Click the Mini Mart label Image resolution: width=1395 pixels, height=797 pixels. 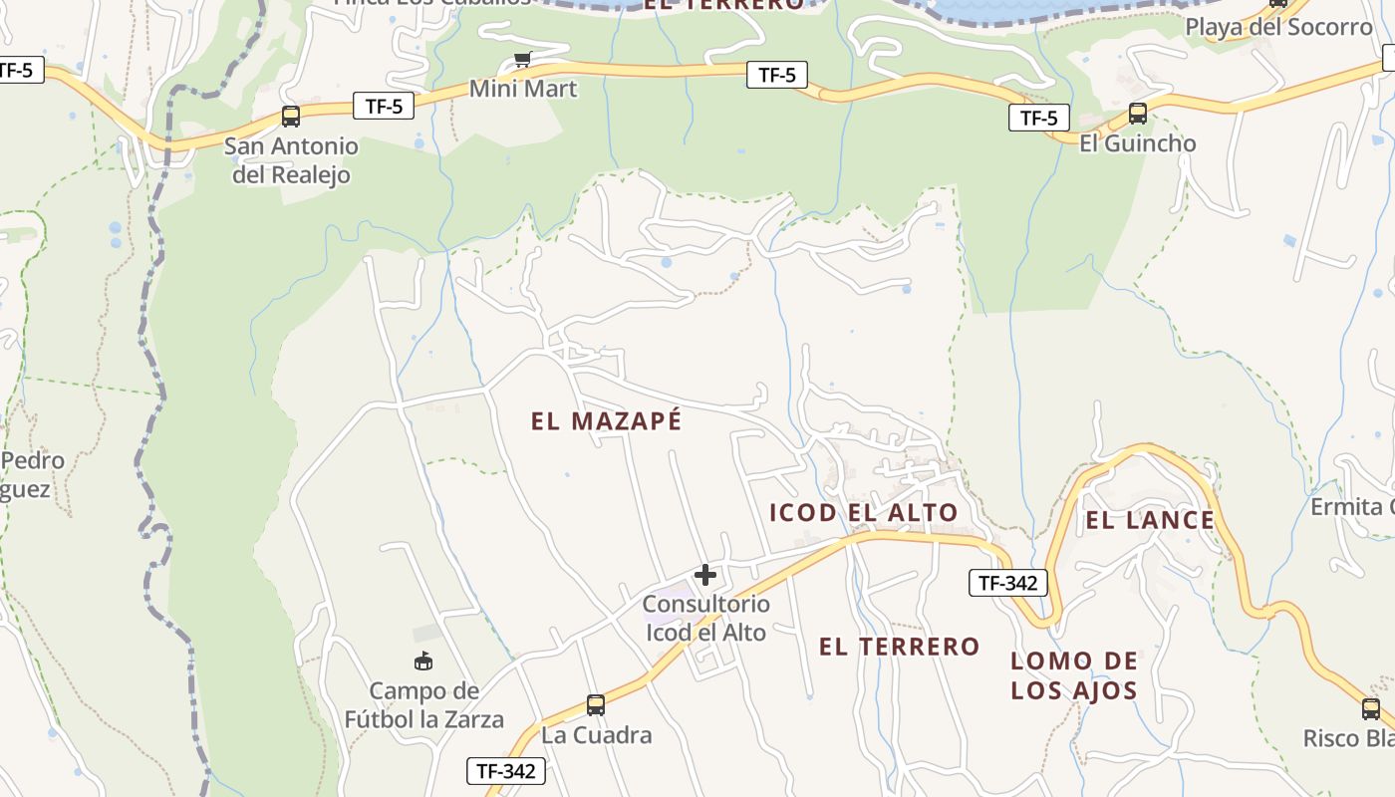[523, 89]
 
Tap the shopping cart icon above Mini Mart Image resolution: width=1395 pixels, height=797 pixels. [522, 60]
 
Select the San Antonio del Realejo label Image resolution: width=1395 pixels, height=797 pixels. [291, 160]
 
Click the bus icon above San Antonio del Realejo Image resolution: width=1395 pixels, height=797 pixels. [290, 117]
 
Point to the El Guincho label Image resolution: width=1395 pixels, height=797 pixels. [1137, 143]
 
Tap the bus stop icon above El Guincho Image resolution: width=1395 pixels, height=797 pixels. [1137, 114]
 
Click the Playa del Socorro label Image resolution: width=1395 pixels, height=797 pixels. [1277, 27]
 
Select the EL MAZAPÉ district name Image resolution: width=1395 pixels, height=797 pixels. [606, 421]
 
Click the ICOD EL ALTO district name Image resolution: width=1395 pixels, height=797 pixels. [863, 513]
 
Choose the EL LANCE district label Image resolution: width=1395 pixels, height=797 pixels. [1150, 520]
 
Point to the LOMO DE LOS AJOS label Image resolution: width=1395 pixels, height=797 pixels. [1074, 675]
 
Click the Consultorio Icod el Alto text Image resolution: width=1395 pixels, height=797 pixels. [705, 618]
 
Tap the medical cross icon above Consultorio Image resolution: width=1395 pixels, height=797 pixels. [705, 575]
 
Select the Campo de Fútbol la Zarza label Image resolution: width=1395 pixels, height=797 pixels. [423, 704]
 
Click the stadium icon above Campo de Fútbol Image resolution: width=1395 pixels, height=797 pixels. [423, 661]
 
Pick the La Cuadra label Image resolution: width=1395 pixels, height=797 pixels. [596, 735]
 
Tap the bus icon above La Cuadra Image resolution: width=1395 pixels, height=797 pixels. [595, 705]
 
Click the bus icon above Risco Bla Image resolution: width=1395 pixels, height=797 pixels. [1371, 709]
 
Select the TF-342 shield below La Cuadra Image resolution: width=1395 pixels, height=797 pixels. [506, 770]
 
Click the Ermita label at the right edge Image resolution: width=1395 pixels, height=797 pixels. [1351, 507]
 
